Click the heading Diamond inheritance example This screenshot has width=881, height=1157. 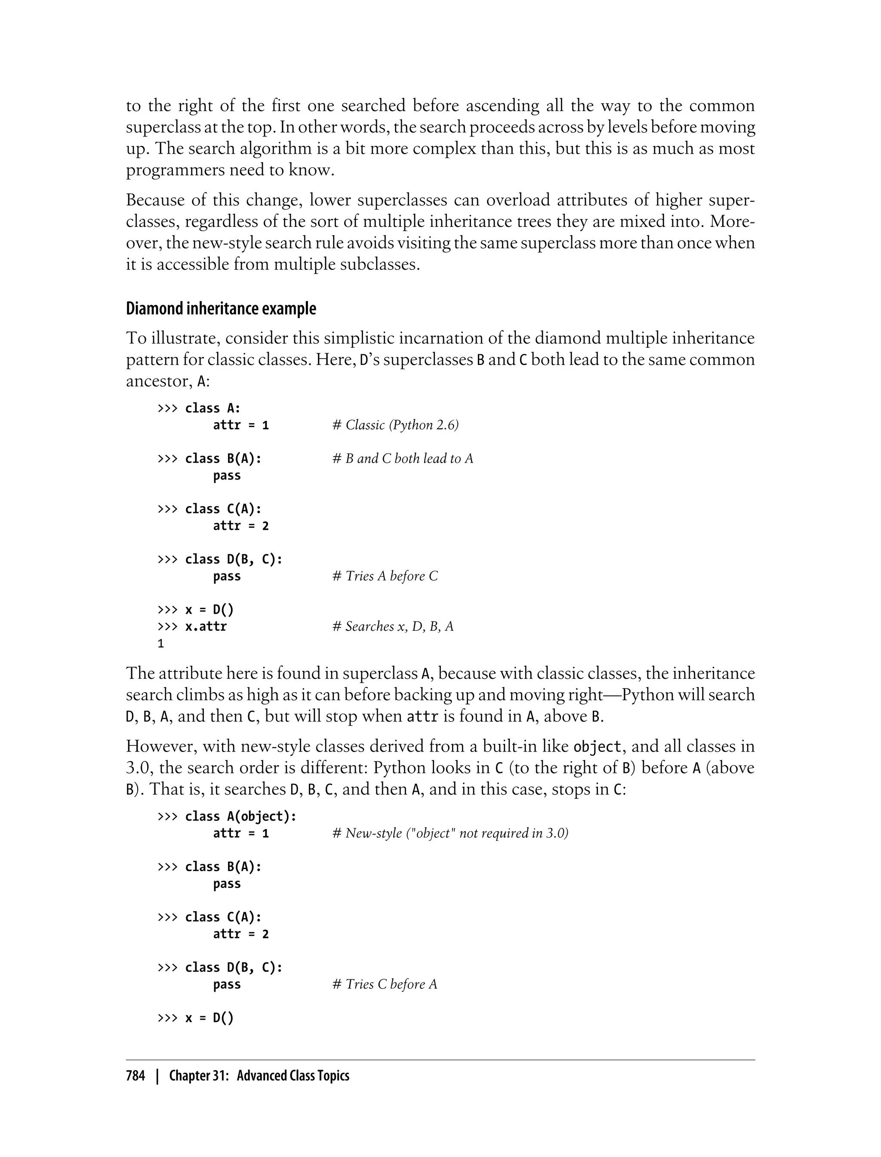pos(221,309)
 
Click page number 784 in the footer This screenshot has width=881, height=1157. pos(136,1076)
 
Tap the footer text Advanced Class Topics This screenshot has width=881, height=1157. pos(293,1076)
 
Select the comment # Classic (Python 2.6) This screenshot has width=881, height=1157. pos(395,425)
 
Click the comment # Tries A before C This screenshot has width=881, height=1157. pos(385,576)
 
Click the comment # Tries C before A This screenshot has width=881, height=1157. pos(385,984)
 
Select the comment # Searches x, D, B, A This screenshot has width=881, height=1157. pos(393,627)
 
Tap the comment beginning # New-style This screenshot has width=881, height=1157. pos(450,833)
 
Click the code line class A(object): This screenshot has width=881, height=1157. pos(241,817)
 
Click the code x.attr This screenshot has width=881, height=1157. pos(206,627)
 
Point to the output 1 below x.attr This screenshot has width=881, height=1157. pos(161,644)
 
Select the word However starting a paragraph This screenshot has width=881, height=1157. pos(160,747)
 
